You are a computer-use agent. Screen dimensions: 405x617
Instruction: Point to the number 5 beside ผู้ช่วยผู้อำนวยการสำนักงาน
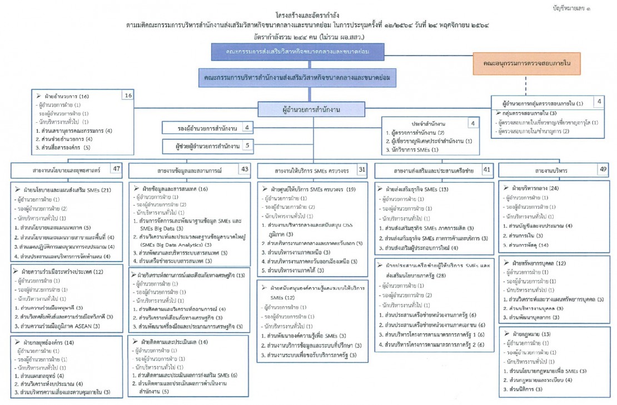pyautogui.click(x=246, y=147)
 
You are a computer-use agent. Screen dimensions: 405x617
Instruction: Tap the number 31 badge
pyautogui.click(x=361, y=168)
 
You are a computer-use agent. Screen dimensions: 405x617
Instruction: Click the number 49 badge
pyautogui.click(x=604, y=168)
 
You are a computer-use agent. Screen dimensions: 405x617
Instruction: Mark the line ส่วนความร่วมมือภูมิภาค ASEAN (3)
pyautogui.click(x=61, y=326)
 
